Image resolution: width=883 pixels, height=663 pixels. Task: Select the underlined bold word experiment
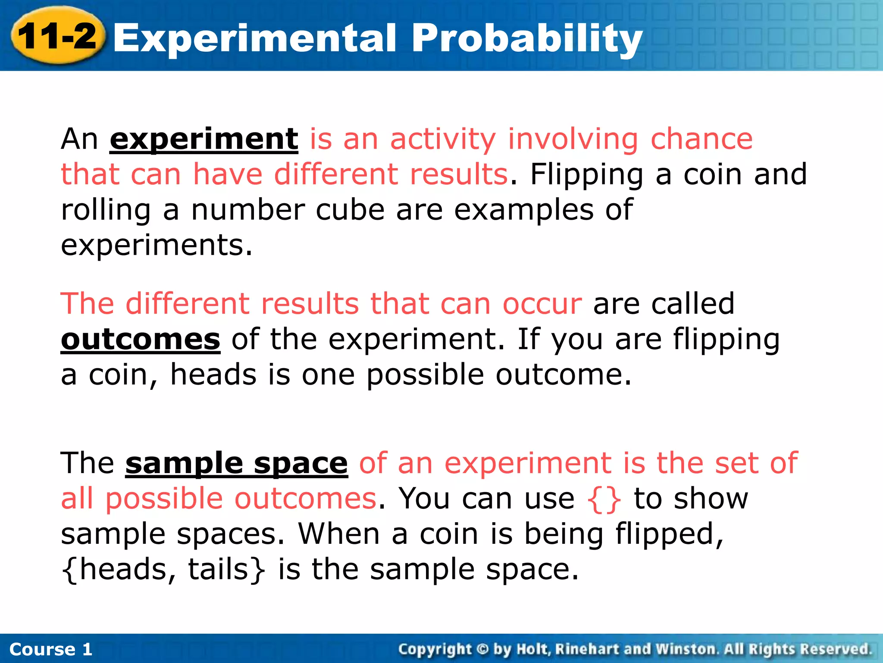[x=204, y=139]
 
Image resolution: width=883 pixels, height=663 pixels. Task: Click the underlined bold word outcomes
[x=141, y=339]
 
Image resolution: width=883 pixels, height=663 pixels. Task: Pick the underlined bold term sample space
[x=236, y=463]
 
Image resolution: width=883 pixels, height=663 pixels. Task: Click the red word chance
[x=701, y=139]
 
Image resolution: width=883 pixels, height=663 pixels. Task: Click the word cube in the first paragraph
[x=350, y=210]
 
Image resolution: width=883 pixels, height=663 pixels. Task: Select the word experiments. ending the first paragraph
[x=156, y=246]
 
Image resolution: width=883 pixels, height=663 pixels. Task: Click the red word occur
[x=542, y=304]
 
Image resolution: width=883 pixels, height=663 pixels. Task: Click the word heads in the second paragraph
[x=213, y=374]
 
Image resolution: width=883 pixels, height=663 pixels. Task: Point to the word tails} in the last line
[x=226, y=569]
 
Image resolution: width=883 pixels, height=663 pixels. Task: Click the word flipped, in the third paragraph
[x=669, y=534]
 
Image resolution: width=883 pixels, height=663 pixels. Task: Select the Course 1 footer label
[x=50, y=649]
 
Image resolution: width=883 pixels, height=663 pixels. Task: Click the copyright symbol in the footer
[x=482, y=649]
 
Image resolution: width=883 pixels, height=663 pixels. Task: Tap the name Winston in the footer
[x=686, y=649]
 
